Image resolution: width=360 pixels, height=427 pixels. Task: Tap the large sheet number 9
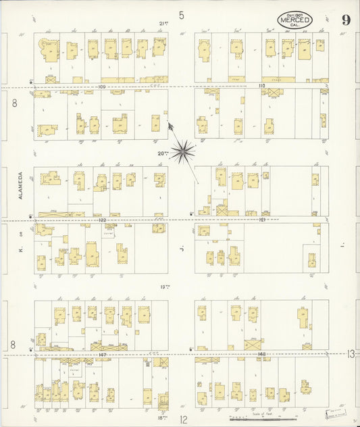(345, 20)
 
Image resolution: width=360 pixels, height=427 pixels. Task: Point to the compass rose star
(182, 152)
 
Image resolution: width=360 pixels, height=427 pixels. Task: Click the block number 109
(102, 86)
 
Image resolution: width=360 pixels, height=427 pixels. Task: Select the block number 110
(262, 86)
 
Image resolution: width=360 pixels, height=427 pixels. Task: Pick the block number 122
(102, 220)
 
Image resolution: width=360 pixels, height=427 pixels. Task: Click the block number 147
(102, 353)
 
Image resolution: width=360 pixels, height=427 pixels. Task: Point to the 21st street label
(163, 24)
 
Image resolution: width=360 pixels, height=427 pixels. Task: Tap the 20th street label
(163, 153)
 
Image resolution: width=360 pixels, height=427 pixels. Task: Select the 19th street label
(164, 286)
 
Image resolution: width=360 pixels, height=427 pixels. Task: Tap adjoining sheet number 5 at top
(181, 14)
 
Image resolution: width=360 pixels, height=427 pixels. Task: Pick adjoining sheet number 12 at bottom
(183, 420)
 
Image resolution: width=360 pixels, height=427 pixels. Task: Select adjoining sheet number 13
(351, 353)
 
